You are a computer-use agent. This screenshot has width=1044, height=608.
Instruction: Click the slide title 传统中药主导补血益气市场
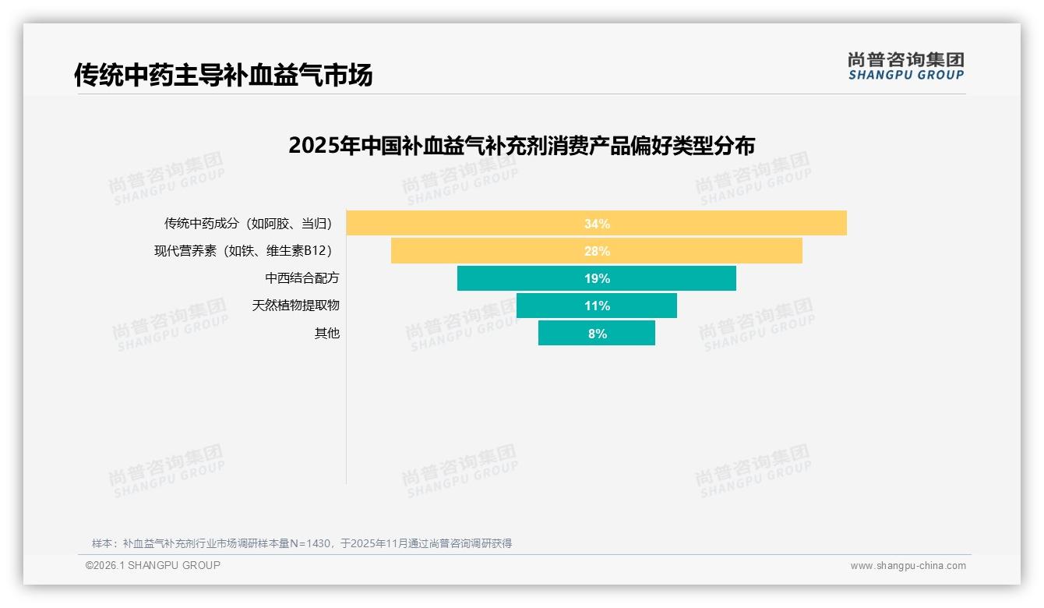click(x=223, y=75)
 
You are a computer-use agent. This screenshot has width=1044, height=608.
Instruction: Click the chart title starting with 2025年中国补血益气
click(x=521, y=146)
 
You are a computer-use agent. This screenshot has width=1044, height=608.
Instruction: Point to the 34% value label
click(x=597, y=224)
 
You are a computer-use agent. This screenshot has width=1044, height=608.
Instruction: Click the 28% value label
click(x=597, y=251)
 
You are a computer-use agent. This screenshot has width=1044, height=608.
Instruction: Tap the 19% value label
click(x=597, y=278)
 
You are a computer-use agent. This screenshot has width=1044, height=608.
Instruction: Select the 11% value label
click(x=597, y=306)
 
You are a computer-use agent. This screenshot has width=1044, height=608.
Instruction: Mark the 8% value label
click(x=597, y=334)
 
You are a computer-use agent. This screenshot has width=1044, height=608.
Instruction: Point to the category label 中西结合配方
click(x=302, y=278)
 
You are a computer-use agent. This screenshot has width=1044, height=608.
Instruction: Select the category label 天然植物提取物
click(x=295, y=306)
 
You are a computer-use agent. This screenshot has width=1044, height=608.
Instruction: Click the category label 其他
click(x=326, y=334)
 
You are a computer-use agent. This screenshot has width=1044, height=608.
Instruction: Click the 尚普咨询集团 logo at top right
click(x=905, y=65)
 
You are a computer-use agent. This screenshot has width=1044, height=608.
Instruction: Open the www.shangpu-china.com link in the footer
click(x=908, y=566)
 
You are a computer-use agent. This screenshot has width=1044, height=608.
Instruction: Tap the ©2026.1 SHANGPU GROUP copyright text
click(x=153, y=565)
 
